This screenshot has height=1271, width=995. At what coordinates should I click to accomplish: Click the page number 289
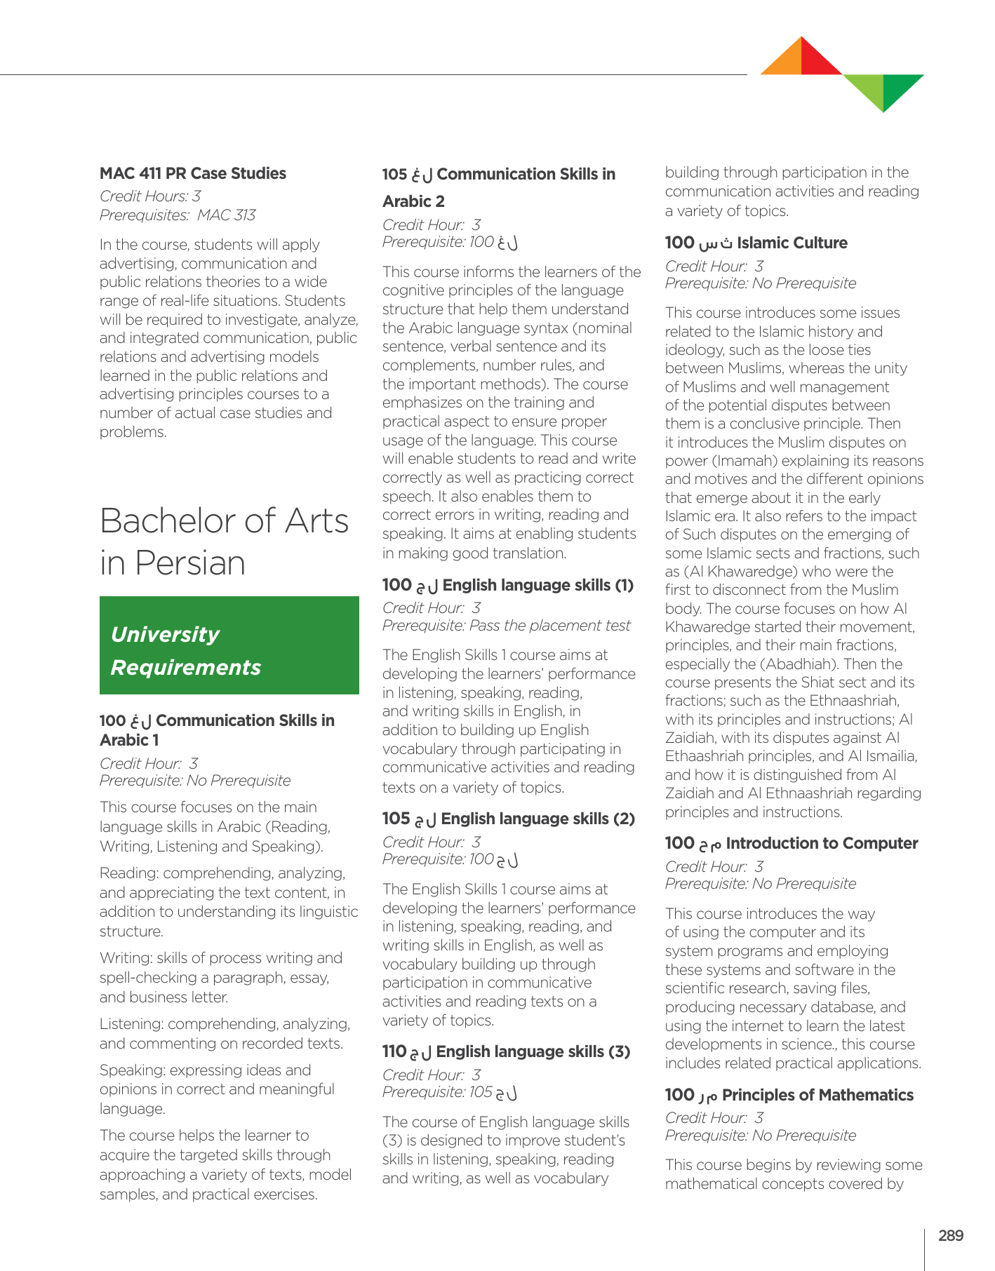click(950, 1236)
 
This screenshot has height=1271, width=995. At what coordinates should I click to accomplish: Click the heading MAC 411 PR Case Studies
click(193, 173)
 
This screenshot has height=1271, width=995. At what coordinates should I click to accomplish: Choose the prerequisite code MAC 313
click(226, 215)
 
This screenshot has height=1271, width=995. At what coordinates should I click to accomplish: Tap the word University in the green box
click(165, 634)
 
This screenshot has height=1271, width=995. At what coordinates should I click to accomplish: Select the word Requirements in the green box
click(186, 667)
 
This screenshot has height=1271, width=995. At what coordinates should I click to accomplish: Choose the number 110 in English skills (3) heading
click(394, 1051)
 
